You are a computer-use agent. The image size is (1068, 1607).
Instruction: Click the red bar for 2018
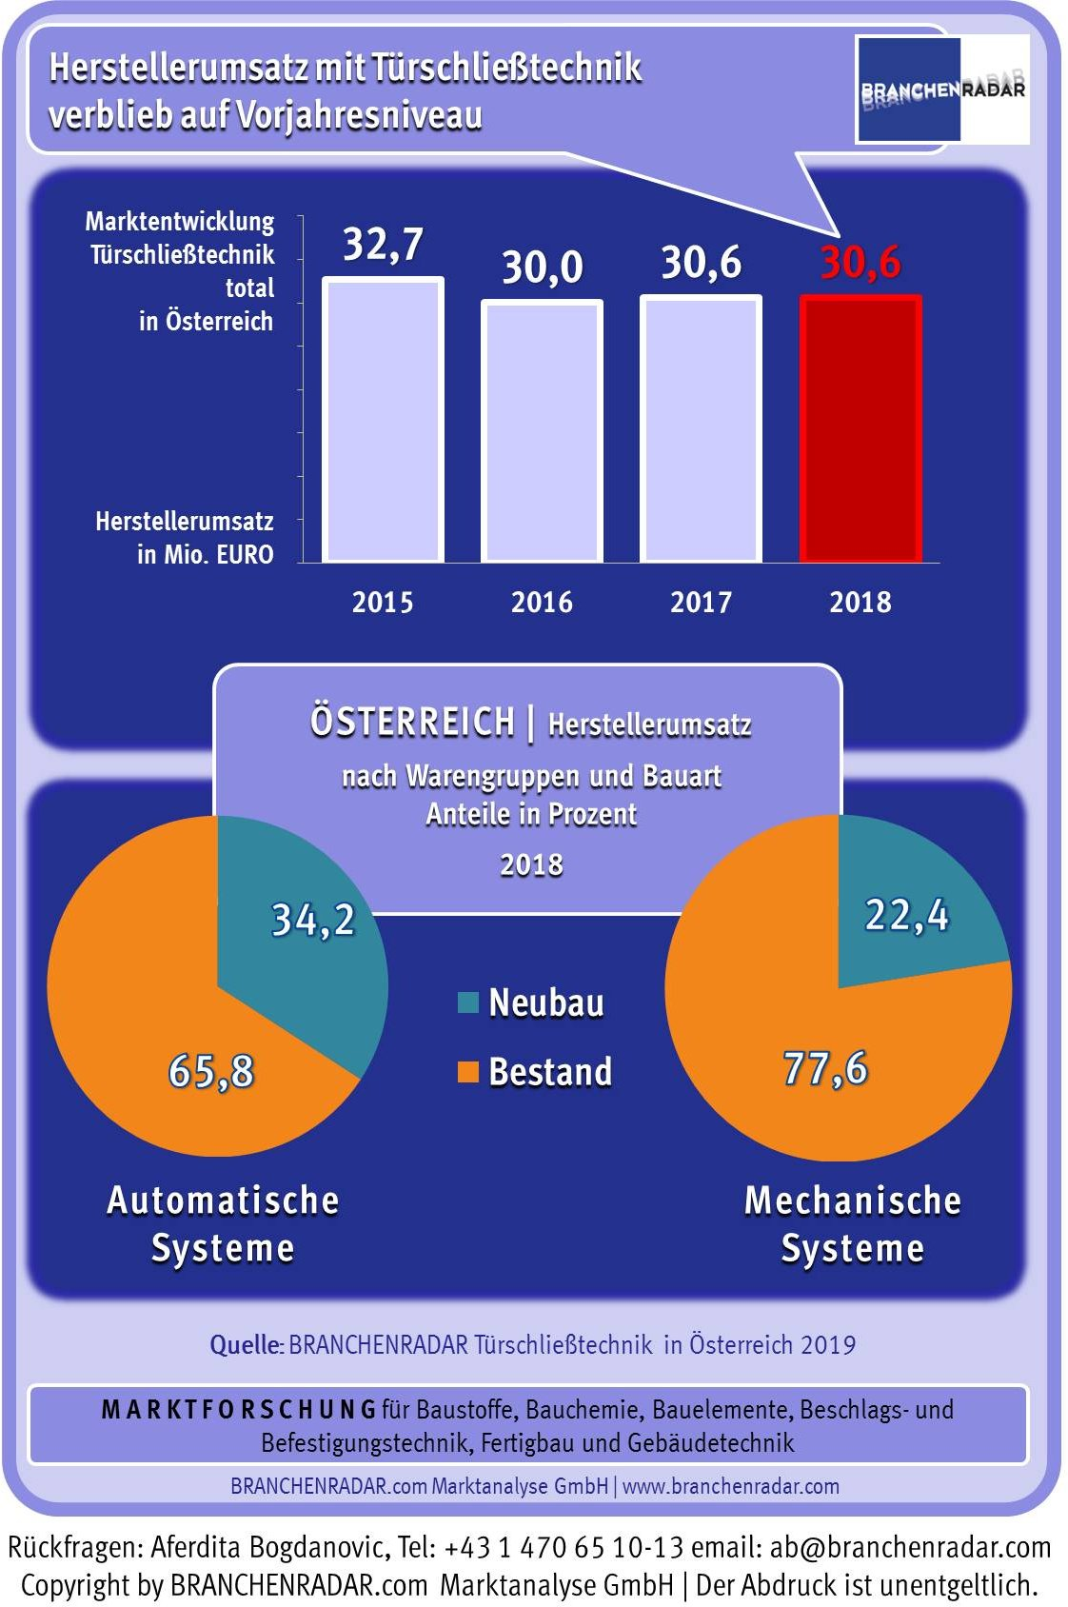860,428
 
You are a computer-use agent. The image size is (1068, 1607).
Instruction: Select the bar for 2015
383,420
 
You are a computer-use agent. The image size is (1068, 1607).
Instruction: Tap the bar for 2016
542,431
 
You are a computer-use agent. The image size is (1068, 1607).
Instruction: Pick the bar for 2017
701,428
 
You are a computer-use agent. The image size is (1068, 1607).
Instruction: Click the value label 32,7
383,245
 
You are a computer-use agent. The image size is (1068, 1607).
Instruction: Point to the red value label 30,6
860,263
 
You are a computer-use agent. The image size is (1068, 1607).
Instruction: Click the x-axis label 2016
542,602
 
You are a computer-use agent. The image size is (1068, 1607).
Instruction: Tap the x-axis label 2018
860,602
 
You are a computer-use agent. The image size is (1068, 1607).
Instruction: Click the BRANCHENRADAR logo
941,89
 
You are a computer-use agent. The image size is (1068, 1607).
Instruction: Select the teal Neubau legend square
467,1002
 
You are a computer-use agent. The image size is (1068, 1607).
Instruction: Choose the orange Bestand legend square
467,1072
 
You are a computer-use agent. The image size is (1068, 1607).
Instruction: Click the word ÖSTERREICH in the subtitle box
412,722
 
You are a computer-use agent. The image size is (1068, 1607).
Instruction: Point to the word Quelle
246,1345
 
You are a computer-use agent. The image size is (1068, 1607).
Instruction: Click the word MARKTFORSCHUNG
239,1410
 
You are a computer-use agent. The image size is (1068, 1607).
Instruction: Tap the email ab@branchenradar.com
911,1547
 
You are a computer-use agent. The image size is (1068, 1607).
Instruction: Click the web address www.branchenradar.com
731,1486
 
